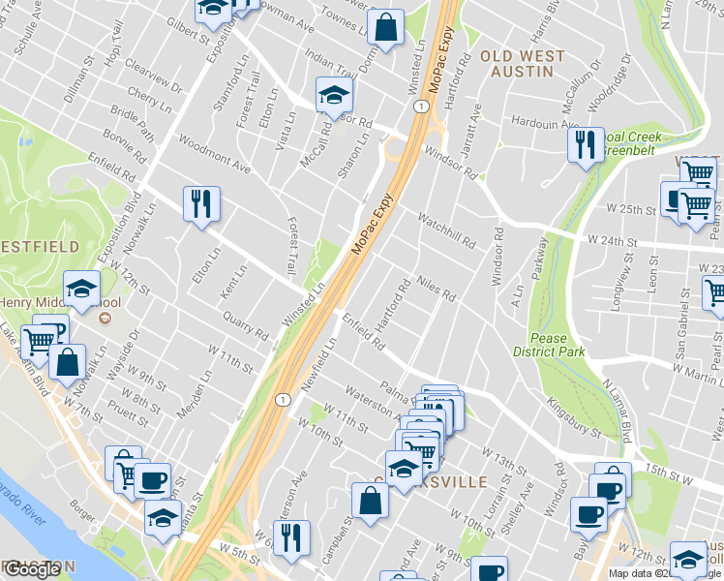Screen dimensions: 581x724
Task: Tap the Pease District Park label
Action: tap(558, 345)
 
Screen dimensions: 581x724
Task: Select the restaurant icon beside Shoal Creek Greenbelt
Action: tap(584, 144)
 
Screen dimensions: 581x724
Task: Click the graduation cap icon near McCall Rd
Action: tap(334, 95)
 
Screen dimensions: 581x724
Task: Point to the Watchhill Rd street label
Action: tap(446, 229)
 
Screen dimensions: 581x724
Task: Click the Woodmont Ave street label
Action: tap(213, 154)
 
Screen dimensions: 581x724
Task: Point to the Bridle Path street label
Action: tap(132, 123)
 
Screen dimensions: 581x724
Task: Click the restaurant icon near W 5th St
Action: tap(291, 537)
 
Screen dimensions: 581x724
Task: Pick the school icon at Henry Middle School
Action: tap(82, 287)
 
